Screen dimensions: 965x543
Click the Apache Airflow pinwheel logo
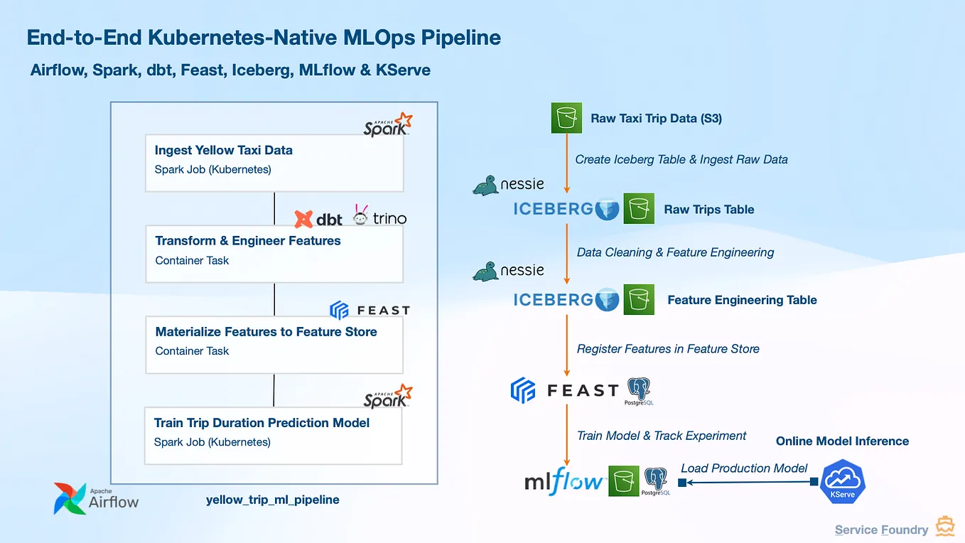[70, 499]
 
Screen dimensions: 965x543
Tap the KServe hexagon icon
[842, 481]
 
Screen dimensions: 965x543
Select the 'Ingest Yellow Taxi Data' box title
[224, 150]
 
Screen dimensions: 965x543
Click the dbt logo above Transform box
[318, 219]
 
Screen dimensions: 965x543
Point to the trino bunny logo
[360, 214]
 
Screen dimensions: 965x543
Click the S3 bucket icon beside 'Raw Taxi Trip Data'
[566, 118]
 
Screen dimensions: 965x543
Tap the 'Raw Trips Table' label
[708, 210]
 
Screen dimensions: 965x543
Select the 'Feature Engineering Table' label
[742, 300]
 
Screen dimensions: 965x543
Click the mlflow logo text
[564, 481]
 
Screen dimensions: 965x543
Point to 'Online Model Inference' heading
[842, 441]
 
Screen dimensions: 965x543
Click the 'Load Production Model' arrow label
[743, 468]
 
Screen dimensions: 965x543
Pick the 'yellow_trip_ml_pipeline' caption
[272, 500]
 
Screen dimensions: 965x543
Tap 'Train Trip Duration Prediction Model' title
[262, 423]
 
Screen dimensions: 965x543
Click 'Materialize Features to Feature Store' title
[266, 332]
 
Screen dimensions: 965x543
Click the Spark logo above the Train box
[388, 397]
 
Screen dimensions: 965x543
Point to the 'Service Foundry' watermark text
[881, 529]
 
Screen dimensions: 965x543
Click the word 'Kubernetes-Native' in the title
[242, 38]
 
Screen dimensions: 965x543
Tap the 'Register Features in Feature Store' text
[668, 349]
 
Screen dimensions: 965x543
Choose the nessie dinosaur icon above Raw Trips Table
[485, 186]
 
